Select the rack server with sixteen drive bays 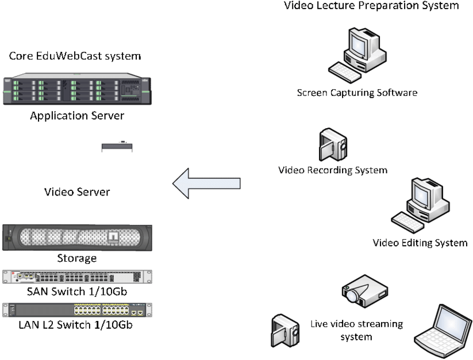pos(76,90)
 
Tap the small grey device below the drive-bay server pos(117,148)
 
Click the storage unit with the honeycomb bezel pos(77,238)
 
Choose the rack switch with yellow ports pos(77,311)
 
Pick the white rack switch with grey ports pos(77,277)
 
